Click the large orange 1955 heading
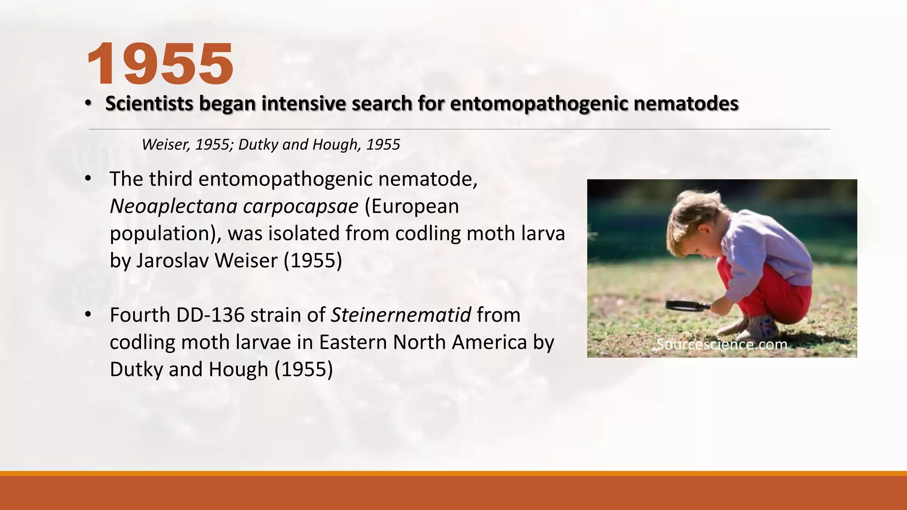pyautogui.click(x=160, y=64)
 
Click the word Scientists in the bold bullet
pyautogui.click(x=149, y=104)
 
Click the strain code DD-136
pyautogui.click(x=210, y=315)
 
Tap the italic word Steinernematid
pyautogui.click(x=401, y=315)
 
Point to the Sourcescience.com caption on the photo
pyautogui.click(x=721, y=344)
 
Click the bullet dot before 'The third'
pyautogui.click(x=88, y=178)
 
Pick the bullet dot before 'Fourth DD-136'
pyautogui.click(x=88, y=314)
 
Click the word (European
pyautogui.click(x=411, y=206)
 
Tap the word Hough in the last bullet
pyautogui.click(x=238, y=370)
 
